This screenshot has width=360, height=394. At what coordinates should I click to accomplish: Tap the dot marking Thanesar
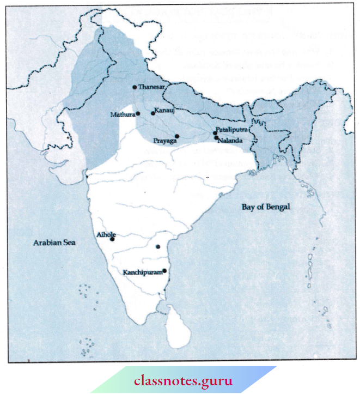point(135,87)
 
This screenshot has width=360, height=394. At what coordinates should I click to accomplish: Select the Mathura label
point(123,115)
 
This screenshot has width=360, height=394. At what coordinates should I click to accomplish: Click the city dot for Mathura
point(138,113)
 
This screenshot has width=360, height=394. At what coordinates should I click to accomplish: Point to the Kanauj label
point(164,111)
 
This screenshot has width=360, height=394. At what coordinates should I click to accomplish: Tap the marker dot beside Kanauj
point(152,113)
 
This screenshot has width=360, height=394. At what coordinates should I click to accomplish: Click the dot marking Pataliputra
point(215,133)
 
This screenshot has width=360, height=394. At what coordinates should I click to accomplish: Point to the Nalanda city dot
point(216,138)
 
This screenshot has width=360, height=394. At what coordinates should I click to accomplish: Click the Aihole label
point(105,234)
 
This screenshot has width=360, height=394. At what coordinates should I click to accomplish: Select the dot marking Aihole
point(113,239)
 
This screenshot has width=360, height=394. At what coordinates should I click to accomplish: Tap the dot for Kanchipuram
point(164,270)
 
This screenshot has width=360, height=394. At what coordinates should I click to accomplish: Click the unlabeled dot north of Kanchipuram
point(158,247)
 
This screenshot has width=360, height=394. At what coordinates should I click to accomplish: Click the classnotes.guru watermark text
point(180,378)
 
